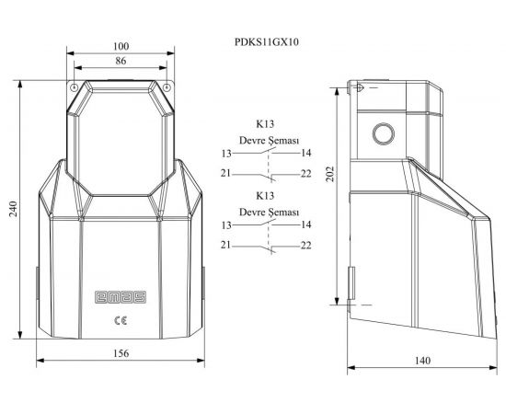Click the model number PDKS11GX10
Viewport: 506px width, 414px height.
pos(267,42)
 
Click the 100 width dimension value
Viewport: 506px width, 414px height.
pos(121,47)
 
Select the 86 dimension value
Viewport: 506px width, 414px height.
pos(121,61)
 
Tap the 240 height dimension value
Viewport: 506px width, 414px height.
pos(13,209)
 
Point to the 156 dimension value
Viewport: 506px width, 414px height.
pos(121,353)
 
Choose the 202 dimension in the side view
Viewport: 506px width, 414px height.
pos(329,174)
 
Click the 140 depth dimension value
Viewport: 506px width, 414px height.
pos(422,361)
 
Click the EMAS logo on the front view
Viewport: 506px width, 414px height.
pos(121,297)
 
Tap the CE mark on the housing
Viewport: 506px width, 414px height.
pos(121,320)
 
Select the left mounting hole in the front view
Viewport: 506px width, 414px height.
pos(74,87)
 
